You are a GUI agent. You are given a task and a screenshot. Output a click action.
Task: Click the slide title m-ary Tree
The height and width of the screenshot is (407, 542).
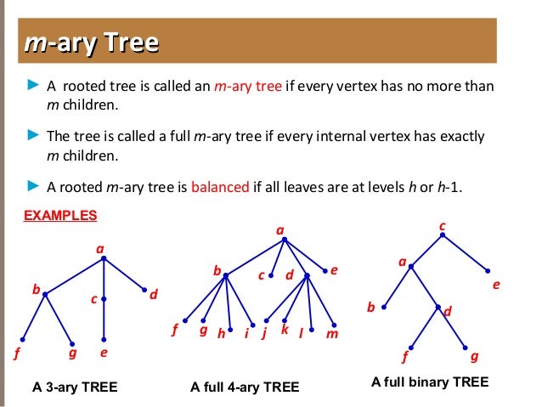click(91, 43)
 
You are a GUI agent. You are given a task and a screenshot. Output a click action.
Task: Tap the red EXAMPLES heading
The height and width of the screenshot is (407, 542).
click(59, 216)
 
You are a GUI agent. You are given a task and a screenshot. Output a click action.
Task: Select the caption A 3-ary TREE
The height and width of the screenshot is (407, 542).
click(75, 387)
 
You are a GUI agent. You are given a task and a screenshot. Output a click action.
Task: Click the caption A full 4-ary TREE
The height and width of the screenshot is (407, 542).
click(245, 387)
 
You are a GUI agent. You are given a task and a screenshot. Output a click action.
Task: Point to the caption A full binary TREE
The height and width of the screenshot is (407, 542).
click(430, 382)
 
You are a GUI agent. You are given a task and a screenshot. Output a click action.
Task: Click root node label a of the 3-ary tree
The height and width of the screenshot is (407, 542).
click(99, 248)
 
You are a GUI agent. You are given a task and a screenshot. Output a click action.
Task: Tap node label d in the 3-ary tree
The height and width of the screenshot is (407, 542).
click(153, 295)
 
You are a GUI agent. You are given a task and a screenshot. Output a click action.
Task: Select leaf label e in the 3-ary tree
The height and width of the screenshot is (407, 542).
click(103, 352)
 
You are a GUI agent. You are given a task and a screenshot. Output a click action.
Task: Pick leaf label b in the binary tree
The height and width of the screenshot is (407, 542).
click(370, 307)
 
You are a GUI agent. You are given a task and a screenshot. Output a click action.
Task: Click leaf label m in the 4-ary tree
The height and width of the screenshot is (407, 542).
click(332, 334)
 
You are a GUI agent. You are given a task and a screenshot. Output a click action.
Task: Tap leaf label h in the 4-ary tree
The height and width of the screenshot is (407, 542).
click(221, 334)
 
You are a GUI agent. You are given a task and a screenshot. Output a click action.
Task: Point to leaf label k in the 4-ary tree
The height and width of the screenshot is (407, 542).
click(285, 329)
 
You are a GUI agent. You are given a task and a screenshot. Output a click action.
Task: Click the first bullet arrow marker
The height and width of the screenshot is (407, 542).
click(34, 87)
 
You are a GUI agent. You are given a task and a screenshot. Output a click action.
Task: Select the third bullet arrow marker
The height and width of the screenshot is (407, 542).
click(34, 188)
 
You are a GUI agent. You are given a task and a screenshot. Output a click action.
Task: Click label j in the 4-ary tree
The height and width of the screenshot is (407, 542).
click(264, 333)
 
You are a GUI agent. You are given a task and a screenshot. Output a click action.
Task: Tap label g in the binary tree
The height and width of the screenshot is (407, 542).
click(474, 355)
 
